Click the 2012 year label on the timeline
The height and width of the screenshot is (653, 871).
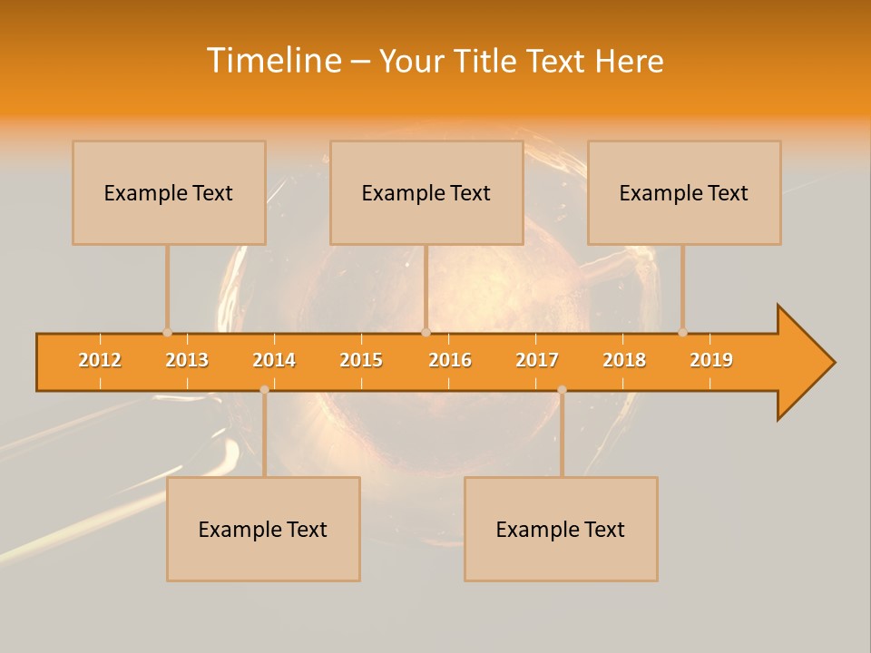coord(100,360)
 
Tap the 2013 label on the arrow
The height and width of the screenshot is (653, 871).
coord(187,360)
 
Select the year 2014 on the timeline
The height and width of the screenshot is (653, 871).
coord(274,360)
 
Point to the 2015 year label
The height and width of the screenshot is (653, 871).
coord(361,360)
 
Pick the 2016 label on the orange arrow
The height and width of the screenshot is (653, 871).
coord(450,360)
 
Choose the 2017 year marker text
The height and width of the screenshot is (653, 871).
coord(537,360)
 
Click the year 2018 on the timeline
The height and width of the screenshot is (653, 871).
coord(624,360)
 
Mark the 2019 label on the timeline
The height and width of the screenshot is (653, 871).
coord(711,360)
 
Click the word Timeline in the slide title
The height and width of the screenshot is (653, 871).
coord(273,61)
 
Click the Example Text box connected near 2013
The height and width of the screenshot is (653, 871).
coord(169,192)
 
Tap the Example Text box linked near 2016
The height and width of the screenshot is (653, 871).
coord(426,192)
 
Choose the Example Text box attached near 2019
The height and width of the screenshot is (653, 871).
coord(684,192)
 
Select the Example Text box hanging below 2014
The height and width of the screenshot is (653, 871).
coord(263,529)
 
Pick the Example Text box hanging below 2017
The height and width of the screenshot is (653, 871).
coord(561,529)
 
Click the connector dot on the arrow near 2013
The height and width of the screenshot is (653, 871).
coord(167,332)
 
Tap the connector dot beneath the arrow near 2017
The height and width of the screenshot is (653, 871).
coord(562,389)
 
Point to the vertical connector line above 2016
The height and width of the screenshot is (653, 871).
coord(426,286)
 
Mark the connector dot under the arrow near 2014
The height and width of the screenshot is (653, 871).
coord(264,389)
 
